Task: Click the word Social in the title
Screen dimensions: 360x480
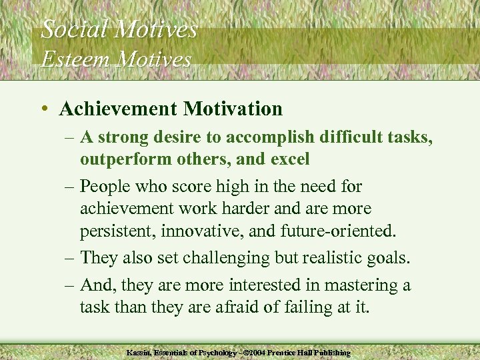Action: (x=73, y=29)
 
